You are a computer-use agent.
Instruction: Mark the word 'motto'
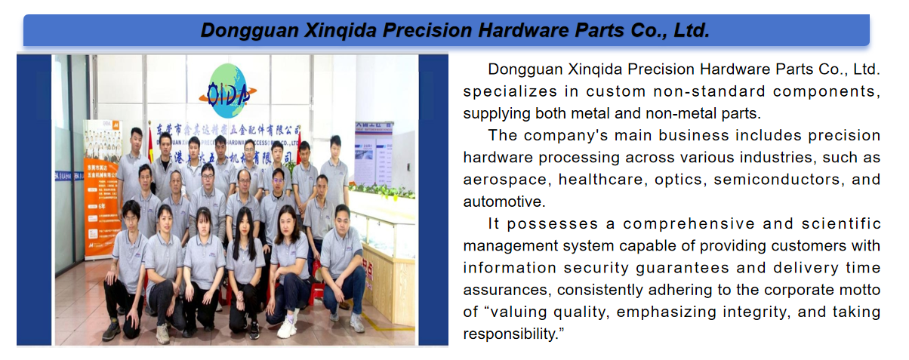[x=859, y=290]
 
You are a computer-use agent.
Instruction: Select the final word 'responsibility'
[x=510, y=334]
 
